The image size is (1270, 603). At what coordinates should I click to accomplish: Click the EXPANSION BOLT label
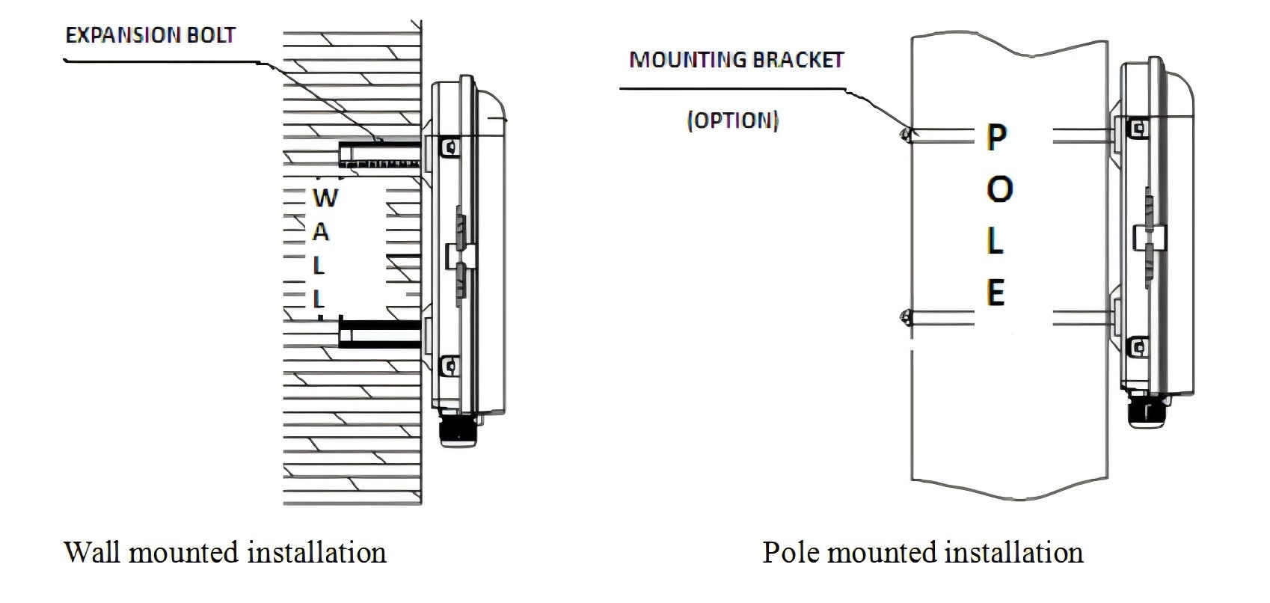coord(150,35)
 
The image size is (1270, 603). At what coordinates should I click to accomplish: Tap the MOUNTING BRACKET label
coord(737,60)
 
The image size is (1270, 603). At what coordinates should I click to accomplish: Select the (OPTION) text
coord(732,120)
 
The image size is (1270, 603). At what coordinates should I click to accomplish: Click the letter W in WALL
coord(325,198)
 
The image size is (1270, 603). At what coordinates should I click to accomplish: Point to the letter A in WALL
coord(321,231)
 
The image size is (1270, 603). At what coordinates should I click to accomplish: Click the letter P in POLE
coord(997,137)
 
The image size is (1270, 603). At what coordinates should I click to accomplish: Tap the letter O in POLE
coord(999,189)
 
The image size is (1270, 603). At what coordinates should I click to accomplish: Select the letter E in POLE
coord(996,293)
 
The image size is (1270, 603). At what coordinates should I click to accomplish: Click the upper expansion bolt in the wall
coord(380,153)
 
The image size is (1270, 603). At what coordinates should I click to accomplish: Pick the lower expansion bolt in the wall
coord(380,332)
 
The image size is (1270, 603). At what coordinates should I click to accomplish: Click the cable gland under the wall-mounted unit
coord(458,430)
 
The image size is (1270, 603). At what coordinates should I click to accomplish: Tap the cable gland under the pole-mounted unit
coord(1147,411)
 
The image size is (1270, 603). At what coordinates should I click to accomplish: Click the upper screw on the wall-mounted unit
coord(450,147)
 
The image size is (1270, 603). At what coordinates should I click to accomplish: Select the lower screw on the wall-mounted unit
coord(450,366)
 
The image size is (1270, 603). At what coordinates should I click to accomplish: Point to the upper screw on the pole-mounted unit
coord(1138,128)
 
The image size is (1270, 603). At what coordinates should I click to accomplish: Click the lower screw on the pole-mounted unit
coord(1138,346)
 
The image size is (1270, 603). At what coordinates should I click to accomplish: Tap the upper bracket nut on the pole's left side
coord(906,134)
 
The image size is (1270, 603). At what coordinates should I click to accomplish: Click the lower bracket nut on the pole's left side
coord(906,317)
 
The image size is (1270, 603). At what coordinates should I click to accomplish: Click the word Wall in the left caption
coord(94,552)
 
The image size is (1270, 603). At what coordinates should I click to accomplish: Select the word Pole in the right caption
coord(791,552)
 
